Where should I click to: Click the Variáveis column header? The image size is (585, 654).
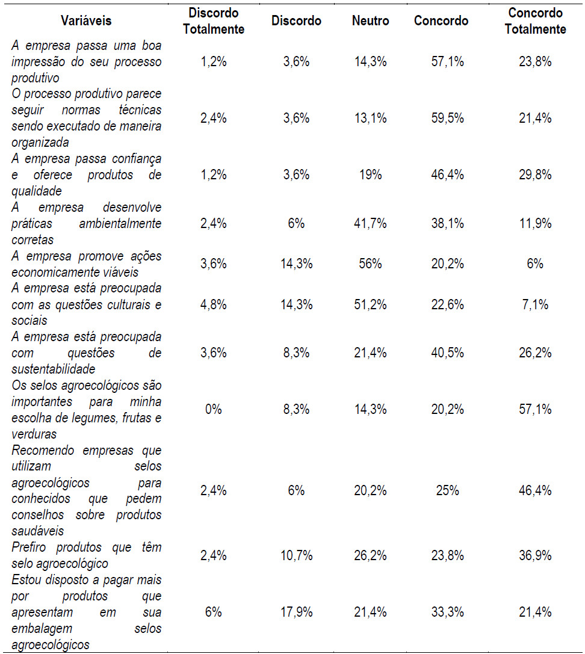[86, 21]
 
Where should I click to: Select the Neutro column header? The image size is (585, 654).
[370, 21]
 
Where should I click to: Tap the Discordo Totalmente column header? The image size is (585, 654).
[214, 21]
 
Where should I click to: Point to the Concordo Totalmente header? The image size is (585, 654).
[535, 21]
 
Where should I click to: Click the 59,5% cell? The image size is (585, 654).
[447, 119]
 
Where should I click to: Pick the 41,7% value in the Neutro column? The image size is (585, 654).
[370, 224]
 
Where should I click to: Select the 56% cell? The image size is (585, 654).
[370, 264]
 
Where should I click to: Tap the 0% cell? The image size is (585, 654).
[214, 410]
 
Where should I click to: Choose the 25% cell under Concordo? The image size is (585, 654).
[447, 491]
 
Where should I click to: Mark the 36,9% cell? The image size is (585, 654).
[535, 556]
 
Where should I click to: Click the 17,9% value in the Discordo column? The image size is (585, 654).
[296, 613]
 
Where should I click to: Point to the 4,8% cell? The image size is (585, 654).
[214, 305]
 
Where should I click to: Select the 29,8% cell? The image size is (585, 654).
[535, 175]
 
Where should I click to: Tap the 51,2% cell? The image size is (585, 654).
[370, 305]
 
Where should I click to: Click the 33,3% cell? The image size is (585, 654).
[447, 613]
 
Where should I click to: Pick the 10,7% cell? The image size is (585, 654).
[296, 556]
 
